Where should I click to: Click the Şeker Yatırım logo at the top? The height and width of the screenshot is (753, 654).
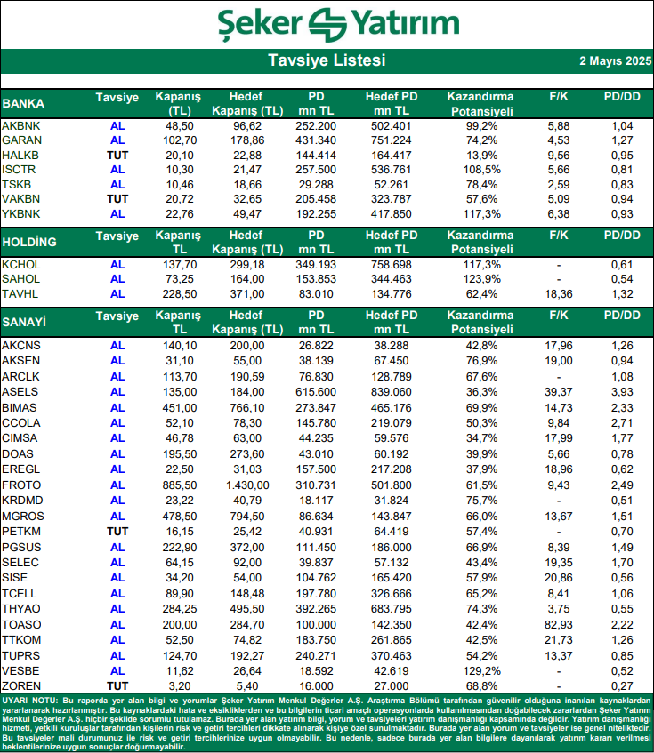coord(326,25)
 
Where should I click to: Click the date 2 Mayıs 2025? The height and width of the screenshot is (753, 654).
coord(613,61)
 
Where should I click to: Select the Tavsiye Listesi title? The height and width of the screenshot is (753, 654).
coord(327,61)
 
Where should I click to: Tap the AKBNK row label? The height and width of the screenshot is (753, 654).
coord(20,126)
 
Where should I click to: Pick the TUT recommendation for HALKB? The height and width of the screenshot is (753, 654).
coord(117,155)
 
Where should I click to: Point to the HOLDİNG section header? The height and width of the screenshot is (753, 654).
coord(29,242)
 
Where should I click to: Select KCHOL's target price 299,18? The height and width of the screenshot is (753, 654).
coord(247,265)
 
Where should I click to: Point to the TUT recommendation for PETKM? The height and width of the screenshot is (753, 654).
coord(117,530)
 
